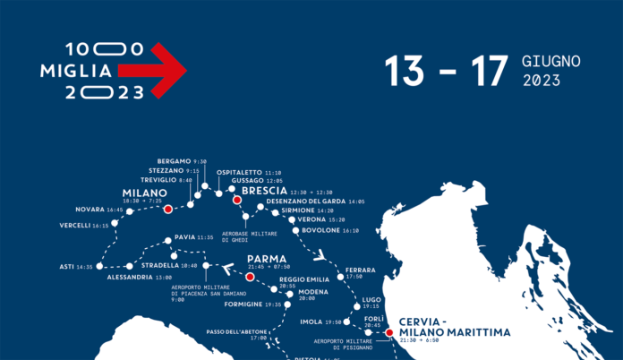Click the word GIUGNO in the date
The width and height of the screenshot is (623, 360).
(x=550, y=62)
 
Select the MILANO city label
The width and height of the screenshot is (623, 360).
(x=144, y=193)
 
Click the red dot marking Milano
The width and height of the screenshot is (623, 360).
(x=168, y=209)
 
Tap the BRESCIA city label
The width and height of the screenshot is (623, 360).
(x=264, y=191)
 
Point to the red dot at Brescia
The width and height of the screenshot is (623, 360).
(x=237, y=201)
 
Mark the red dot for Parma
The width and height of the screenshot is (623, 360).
(x=250, y=278)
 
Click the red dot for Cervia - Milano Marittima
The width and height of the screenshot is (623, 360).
(x=388, y=333)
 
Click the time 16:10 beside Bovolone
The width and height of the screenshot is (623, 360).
(x=350, y=230)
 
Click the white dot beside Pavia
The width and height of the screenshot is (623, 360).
(x=167, y=240)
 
